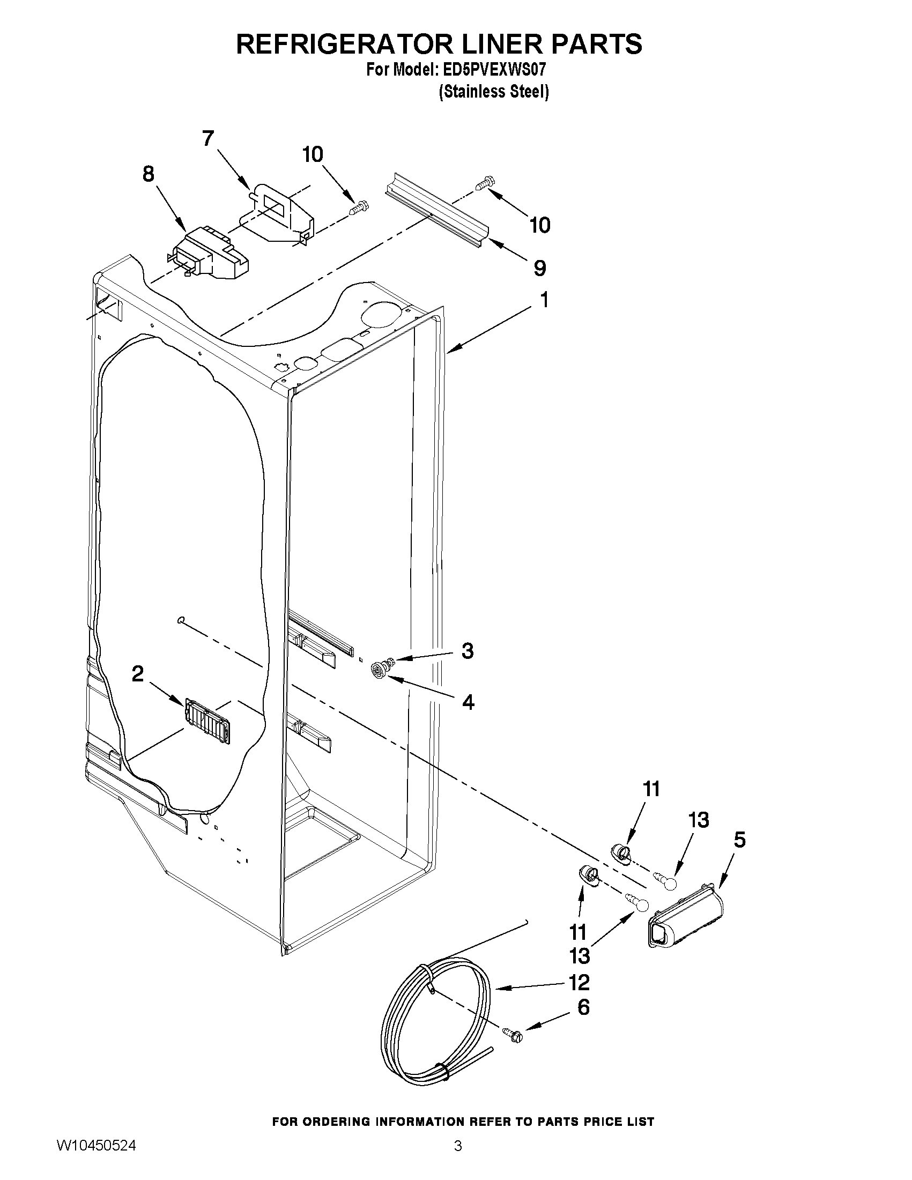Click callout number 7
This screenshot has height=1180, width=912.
tap(208, 139)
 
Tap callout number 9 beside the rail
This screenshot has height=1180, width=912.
tap(539, 268)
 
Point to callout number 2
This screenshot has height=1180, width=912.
tap(138, 674)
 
